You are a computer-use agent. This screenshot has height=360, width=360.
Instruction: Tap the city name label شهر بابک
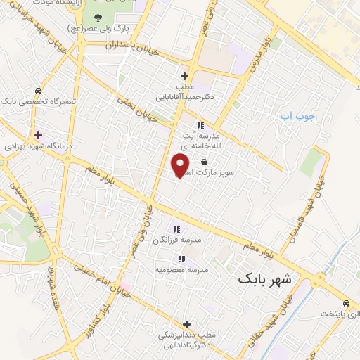point(269,278)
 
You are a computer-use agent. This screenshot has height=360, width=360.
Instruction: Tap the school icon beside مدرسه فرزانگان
point(176,229)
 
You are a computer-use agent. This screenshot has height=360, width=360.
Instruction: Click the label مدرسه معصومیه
point(179,270)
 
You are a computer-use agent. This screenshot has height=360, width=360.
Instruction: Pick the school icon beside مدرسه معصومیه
point(181,259)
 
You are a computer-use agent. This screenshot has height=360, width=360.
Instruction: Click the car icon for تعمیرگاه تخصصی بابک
point(37,91)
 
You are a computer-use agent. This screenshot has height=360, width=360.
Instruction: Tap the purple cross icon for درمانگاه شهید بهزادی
point(37,134)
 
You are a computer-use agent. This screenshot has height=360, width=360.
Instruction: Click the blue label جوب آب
point(293,116)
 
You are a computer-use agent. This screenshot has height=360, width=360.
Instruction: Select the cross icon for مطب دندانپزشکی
point(186,324)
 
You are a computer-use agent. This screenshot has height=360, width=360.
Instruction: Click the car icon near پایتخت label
point(345,304)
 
